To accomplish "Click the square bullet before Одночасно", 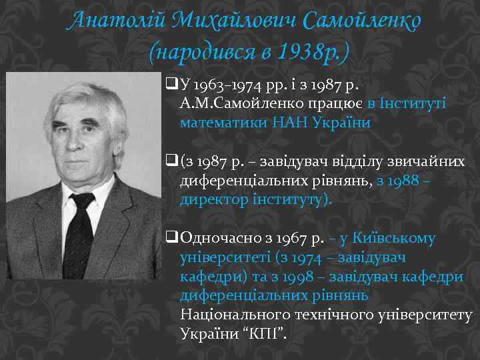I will pyautogui.click(x=169, y=237).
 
